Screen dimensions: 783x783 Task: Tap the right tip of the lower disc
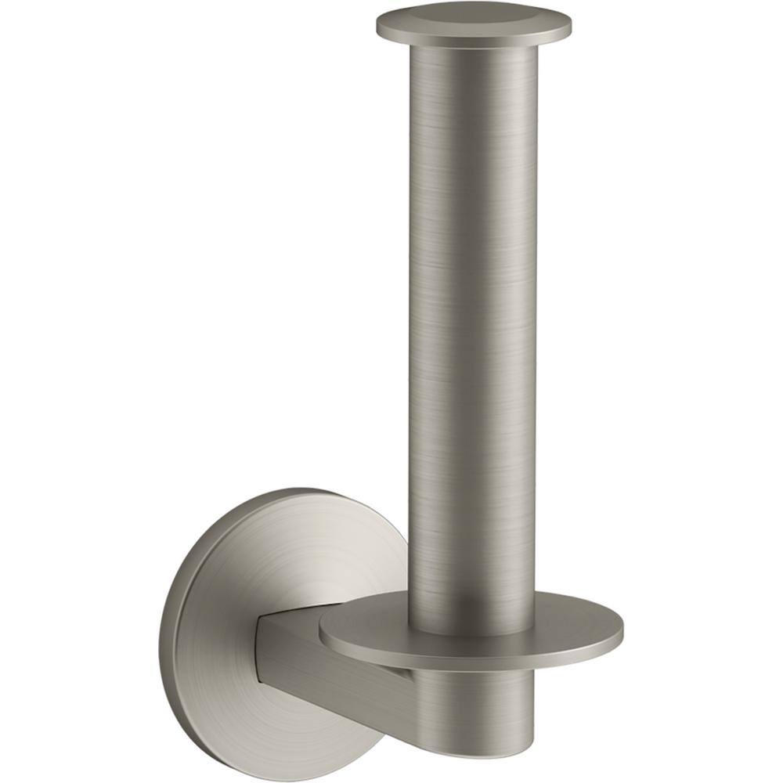click(x=622, y=630)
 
